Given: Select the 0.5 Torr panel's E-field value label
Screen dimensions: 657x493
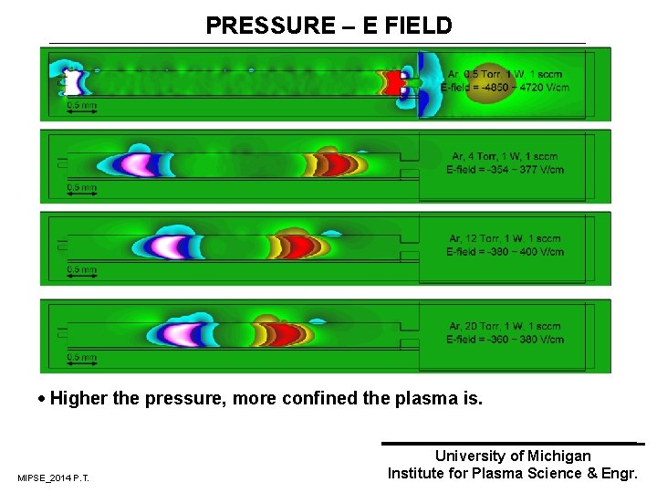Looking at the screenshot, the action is [x=505, y=88].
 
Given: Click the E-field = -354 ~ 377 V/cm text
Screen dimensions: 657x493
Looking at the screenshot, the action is [x=505, y=169].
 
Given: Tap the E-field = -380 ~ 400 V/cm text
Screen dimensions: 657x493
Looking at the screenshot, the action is [x=505, y=252].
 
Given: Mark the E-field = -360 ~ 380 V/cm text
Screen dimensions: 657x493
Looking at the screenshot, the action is [x=505, y=340].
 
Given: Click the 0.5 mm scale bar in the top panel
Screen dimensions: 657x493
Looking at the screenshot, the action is [x=81, y=113].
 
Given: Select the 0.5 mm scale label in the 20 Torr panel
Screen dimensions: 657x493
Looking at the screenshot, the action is [x=81, y=357].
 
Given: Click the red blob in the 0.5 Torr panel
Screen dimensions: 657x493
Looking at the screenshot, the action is [x=394, y=83].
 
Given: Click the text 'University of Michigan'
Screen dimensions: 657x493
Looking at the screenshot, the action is [x=513, y=456].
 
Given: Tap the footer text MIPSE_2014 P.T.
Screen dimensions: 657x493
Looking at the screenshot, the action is [x=53, y=478].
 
